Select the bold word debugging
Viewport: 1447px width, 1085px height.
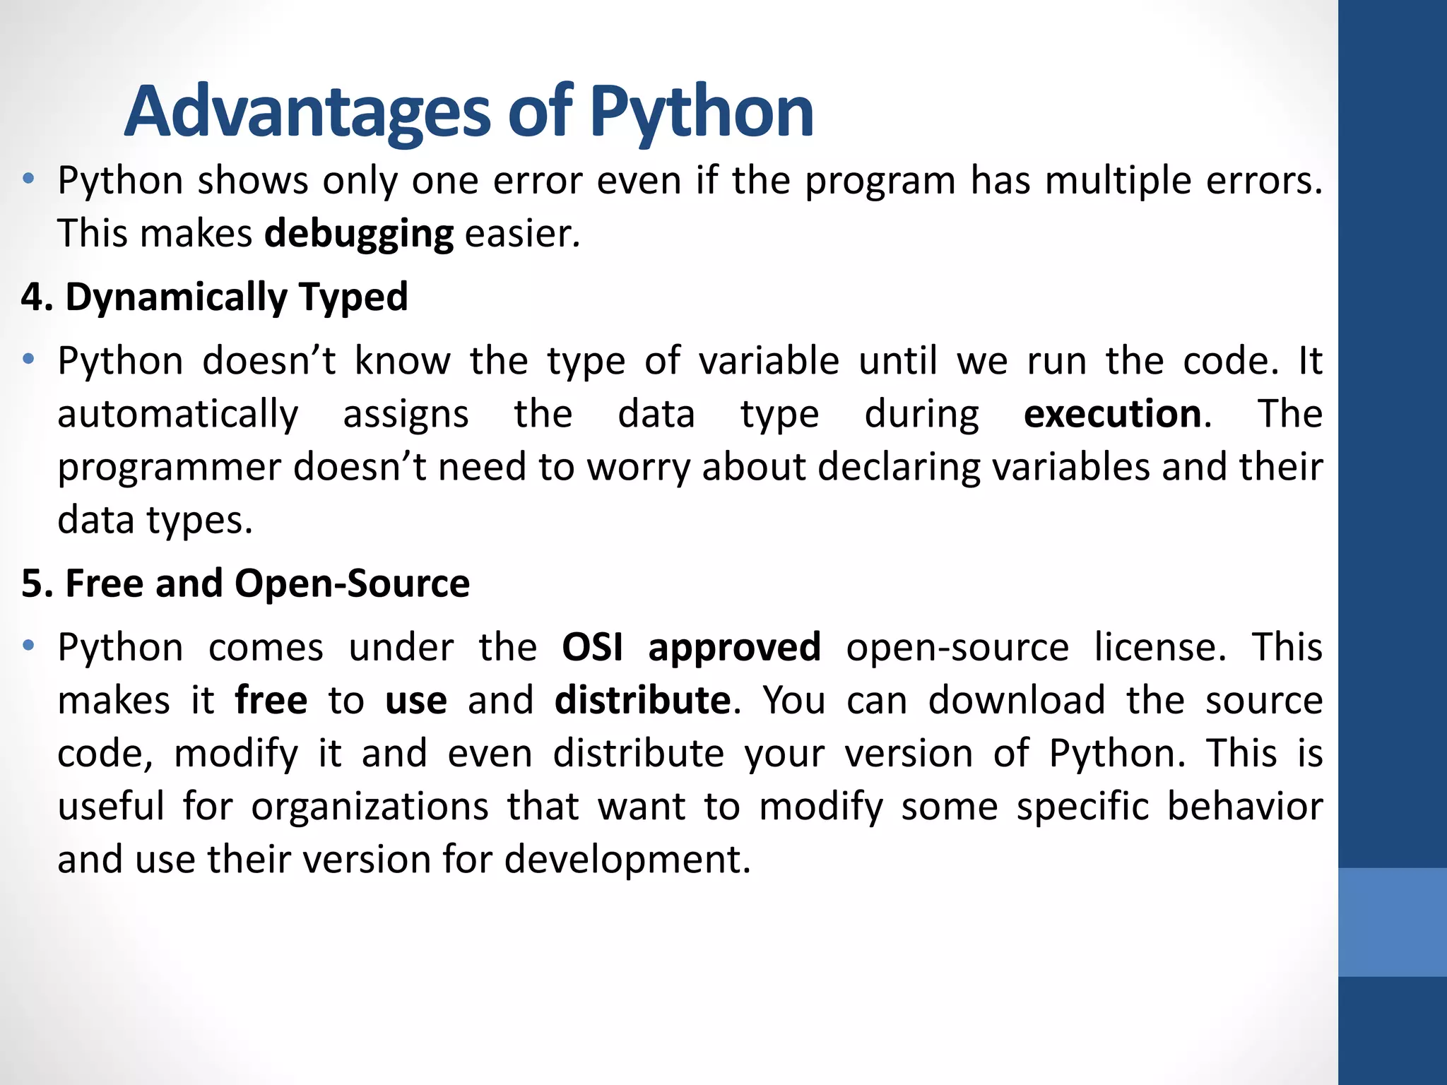click(359, 234)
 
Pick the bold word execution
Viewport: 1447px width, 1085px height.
click(1112, 414)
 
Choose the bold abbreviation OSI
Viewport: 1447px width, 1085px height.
click(592, 647)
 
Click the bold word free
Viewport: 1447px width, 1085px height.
click(271, 700)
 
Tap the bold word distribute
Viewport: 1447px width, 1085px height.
click(642, 700)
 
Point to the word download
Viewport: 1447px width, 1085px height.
click(1017, 700)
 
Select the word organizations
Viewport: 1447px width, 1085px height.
click(370, 807)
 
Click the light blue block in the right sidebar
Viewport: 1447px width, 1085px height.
click(1392, 922)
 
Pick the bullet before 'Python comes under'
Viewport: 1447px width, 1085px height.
click(28, 646)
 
